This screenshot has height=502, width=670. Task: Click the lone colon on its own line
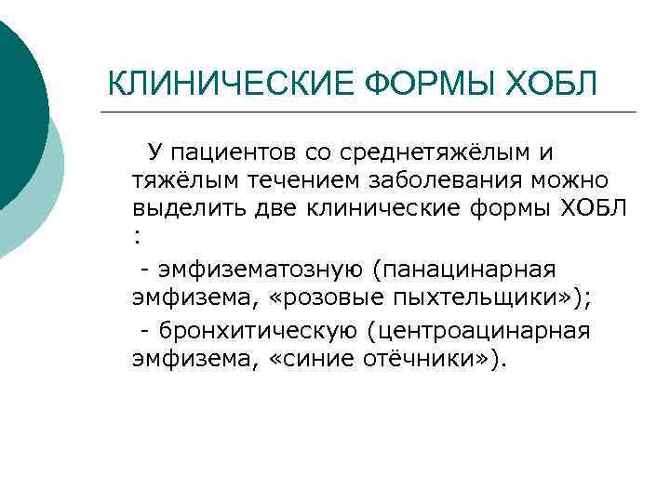pos(138,238)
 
